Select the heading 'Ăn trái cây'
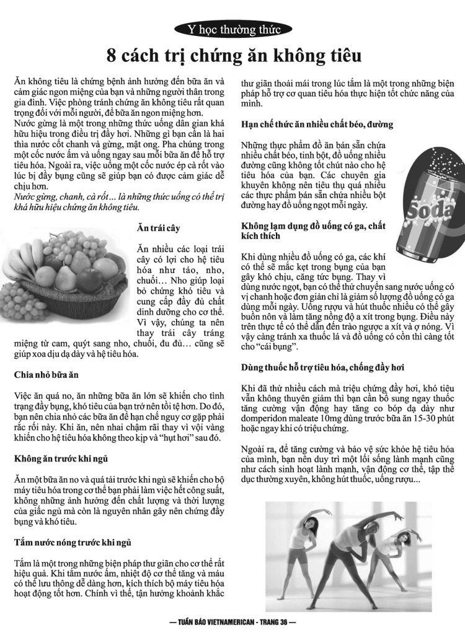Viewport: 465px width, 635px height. (159, 229)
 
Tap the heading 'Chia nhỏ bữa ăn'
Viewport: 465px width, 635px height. (46, 375)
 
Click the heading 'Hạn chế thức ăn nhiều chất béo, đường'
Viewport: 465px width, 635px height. (317, 124)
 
